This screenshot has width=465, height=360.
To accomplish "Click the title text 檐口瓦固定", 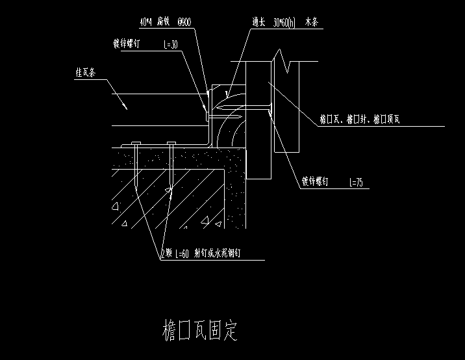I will click(200, 329).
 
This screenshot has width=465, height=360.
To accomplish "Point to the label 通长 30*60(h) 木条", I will click(285, 21).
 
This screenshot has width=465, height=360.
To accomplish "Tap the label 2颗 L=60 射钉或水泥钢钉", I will click(205, 254).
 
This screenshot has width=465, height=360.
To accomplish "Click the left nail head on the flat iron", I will click(136, 144).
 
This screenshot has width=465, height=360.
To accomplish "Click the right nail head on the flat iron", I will click(171, 144).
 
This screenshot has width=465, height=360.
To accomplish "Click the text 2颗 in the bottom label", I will click(168, 254).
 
